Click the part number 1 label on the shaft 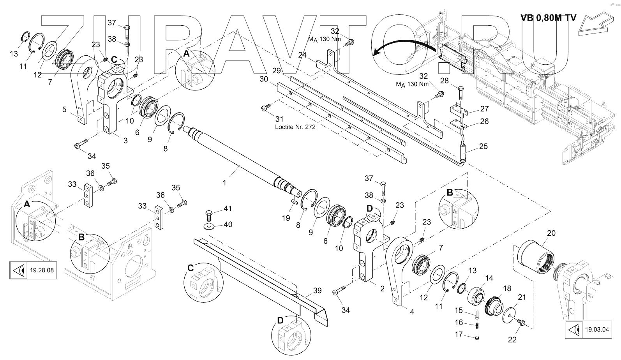coord(224,182)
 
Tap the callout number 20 coord(551,233)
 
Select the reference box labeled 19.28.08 coord(33,270)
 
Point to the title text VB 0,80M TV coord(548,18)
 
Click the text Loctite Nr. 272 coord(295,127)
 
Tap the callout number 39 coord(317,290)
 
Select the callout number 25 coord(483,146)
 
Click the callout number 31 coord(279,118)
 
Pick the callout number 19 coord(286,218)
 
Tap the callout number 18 coord(507,289)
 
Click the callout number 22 coord(512,339)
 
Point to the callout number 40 coord(228,224)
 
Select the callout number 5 coord(64,109)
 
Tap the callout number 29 coord(277,71)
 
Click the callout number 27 coord(484,109)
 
